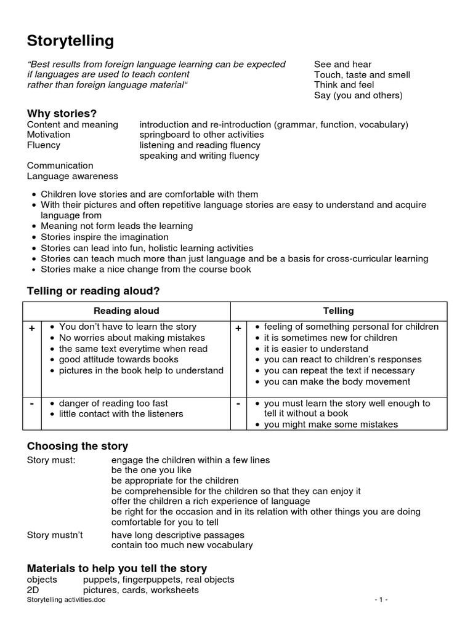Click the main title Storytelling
70,41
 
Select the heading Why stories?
62,113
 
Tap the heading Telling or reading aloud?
93,290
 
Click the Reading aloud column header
126,311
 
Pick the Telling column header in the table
339,311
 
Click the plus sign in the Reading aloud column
31,329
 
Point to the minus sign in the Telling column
238,404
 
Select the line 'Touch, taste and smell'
362,75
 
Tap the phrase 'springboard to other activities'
201,135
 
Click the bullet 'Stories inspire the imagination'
104,237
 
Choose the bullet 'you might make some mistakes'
331,425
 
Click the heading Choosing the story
78,446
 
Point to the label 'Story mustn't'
55,535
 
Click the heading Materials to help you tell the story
117,568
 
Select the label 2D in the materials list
33,590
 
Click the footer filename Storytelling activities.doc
66,600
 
